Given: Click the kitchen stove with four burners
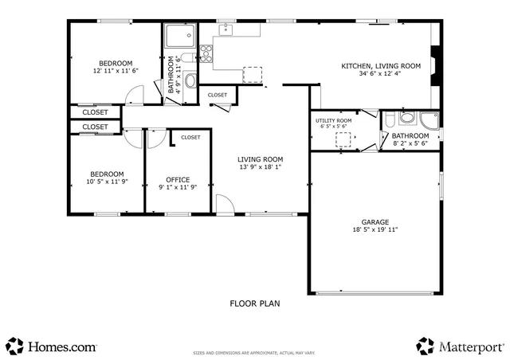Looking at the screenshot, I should pos(206,53).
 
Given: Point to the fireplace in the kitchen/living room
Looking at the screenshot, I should pos(434,65).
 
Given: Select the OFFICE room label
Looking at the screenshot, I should pos(178,179).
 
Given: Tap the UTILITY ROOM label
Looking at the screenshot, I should pos(335,119).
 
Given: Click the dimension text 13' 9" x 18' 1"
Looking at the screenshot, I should pos(260,167).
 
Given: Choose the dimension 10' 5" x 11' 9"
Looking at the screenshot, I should pos(106,182).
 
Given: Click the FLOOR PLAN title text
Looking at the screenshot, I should pos(255,303).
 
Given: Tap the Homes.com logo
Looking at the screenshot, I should pos(52,346).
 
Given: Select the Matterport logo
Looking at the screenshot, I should pos(460,346).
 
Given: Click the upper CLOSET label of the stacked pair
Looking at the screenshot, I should pos(95,112).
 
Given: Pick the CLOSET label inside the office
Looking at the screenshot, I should pos(190,137).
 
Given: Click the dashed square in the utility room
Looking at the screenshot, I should pos(343,140).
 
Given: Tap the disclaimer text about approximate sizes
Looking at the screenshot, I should pos(254,352).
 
